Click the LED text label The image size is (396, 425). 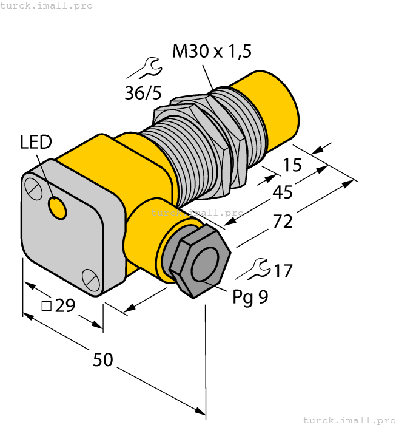[36, 143]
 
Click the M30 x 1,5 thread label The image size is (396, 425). [212, 52]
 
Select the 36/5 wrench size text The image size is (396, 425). [143, 93]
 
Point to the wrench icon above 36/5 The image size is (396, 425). [144, 69]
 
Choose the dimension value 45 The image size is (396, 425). [283, 192]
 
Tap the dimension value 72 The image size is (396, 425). [283, 222]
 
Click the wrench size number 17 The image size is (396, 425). [283, 271]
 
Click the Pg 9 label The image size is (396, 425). [250, 297]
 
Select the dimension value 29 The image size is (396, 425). [65, 306]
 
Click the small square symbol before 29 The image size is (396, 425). [46, 306]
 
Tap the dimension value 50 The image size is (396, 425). [103, 360]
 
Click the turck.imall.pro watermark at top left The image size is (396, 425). [47, 5]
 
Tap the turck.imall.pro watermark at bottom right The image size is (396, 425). [349, 420]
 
